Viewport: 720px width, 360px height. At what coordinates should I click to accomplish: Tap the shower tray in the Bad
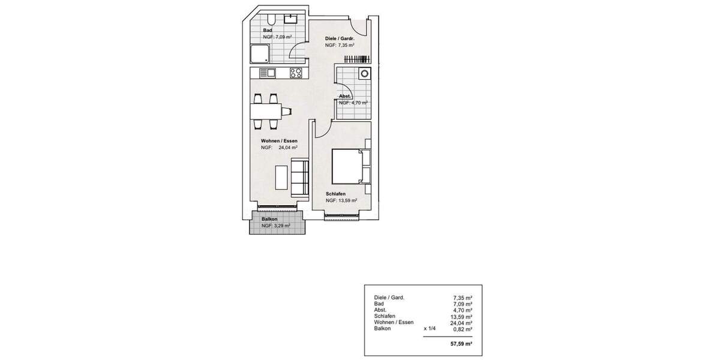pos(260,53)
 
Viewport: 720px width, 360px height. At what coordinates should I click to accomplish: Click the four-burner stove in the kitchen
pos(296,73)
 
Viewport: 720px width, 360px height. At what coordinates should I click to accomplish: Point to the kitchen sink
pos(267,73)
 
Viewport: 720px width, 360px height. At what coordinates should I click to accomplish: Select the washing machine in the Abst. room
pos(364,74)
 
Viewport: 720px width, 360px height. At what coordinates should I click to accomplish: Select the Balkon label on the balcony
pos(269,219)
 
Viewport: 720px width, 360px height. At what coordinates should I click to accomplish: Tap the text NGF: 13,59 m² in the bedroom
pos(341,200)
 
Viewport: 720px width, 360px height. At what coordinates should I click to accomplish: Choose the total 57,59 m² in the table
pos(461,344)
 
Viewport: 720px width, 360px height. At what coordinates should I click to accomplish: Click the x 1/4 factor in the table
pos(429,329)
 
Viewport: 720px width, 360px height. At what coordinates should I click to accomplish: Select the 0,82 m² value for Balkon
pos(463,329)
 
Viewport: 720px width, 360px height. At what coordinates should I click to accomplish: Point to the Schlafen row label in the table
pos(384,316)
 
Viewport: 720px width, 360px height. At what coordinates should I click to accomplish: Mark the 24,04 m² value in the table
pos(461,322)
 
